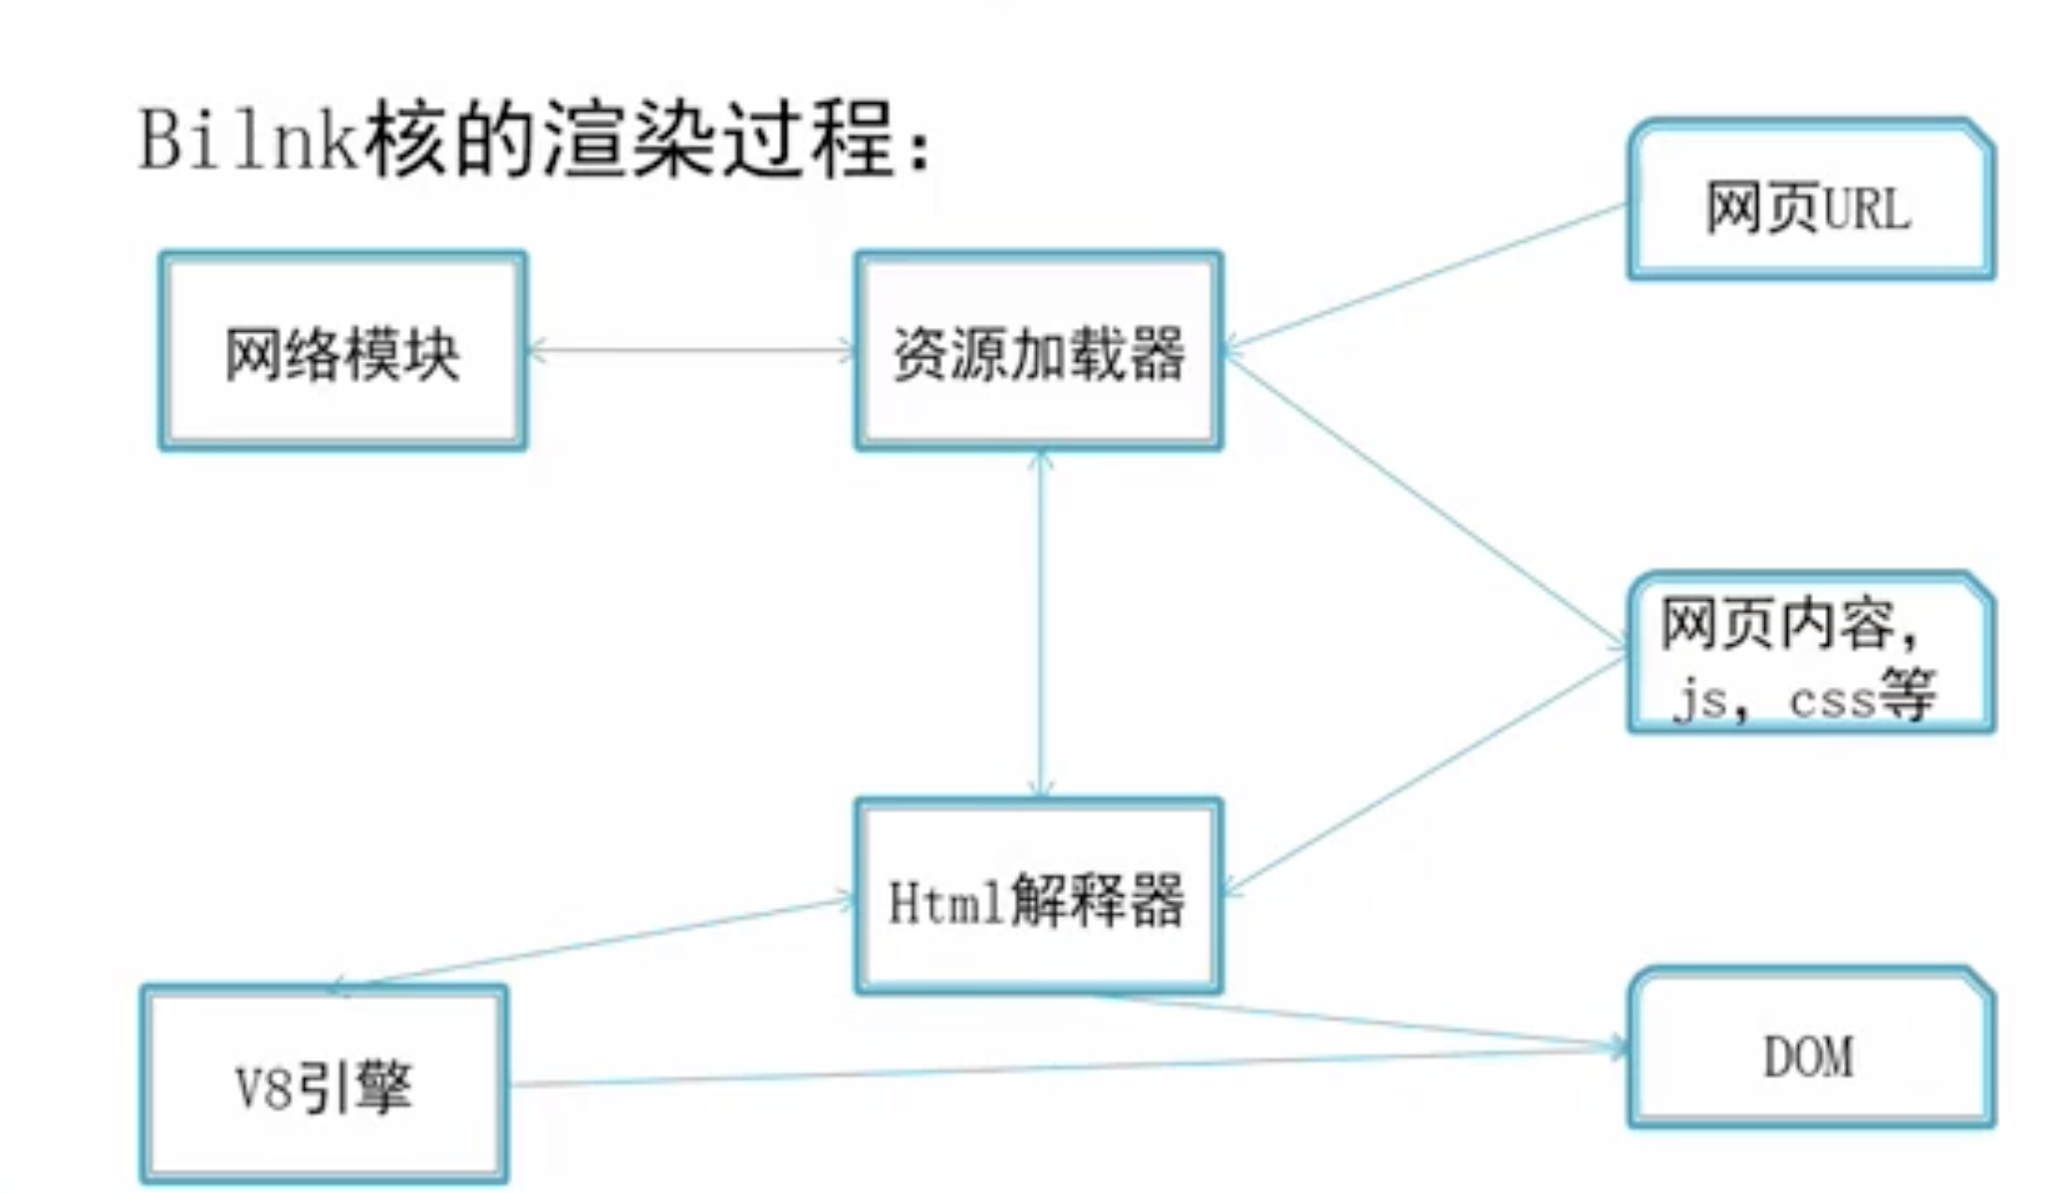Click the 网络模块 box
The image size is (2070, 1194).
point(343,351)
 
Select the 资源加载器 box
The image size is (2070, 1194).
point(1039,351)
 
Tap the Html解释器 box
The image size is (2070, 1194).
point(1039,897)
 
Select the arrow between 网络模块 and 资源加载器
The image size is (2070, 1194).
point(690,351)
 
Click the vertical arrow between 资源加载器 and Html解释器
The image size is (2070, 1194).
point(1041,623)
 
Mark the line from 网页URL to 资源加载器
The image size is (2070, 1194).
point(1424,277)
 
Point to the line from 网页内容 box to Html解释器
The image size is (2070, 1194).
point(1424,774)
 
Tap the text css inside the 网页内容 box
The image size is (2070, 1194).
point(1831,700)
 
